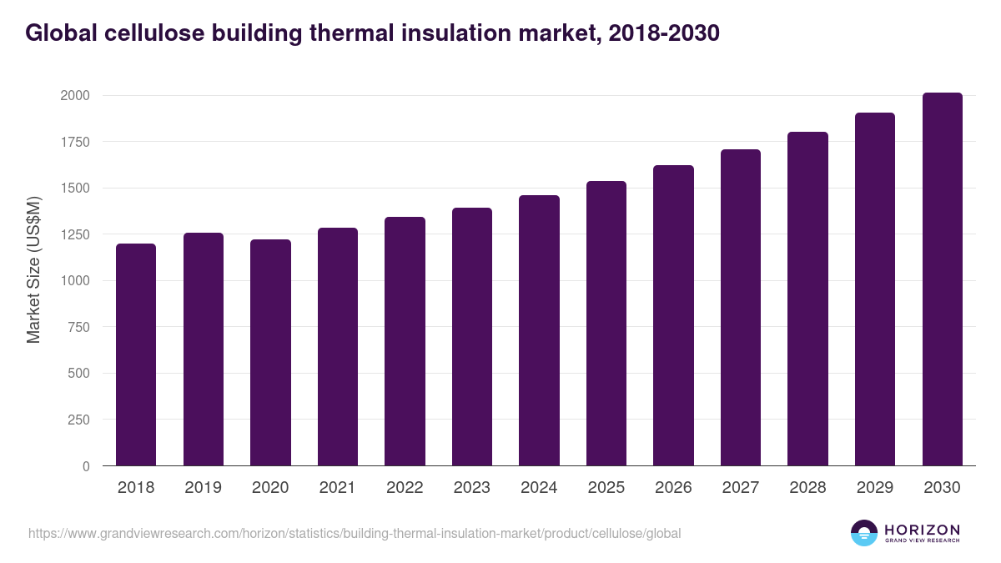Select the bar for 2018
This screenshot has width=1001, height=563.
136,354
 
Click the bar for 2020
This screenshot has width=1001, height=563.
270,352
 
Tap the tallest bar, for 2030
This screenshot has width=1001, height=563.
942,279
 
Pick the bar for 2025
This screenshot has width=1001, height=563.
606,324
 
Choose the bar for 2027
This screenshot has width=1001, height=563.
741,308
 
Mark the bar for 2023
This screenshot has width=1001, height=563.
472,337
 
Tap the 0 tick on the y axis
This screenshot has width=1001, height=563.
86,466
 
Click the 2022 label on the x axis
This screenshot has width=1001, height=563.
405,488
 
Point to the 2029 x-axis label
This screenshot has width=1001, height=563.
875,488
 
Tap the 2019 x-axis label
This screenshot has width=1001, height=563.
203,488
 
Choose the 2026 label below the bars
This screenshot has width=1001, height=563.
673,488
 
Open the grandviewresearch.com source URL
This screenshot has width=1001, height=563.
355,533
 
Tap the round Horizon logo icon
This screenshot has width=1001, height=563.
864,533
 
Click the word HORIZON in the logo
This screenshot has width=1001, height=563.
922,529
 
